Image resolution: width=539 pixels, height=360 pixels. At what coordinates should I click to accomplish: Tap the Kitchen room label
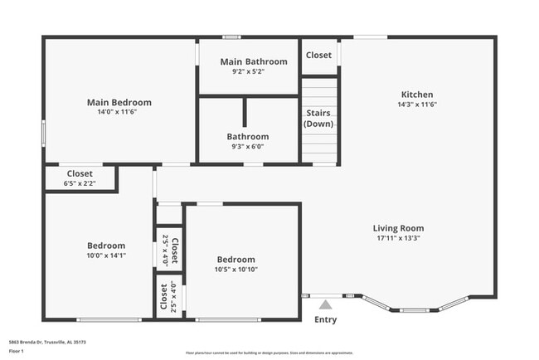416,95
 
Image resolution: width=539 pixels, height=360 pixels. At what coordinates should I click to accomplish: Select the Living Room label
398,228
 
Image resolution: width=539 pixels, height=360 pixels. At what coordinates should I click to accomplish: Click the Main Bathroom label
254,61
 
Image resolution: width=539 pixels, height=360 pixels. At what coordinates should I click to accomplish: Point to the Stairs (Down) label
319,118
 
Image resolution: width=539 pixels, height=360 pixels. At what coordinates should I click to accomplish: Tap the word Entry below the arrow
326,319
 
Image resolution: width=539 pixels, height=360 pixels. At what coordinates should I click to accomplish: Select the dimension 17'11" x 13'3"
398,238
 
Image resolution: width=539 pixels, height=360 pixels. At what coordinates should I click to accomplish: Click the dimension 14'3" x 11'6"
416,105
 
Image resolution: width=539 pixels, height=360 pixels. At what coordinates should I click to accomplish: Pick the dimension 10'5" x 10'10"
236,269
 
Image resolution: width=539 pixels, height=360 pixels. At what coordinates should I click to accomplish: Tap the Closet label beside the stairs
318,56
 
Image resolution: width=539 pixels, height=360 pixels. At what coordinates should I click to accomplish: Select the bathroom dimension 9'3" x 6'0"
248,146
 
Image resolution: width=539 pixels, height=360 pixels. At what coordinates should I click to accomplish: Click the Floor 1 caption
16,351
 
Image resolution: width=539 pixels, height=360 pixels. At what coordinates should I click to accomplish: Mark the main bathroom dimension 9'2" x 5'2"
254,71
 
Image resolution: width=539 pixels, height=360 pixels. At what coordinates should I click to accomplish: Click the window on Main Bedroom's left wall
44,134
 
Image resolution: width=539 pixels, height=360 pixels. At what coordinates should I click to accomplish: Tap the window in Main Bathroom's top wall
231,36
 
